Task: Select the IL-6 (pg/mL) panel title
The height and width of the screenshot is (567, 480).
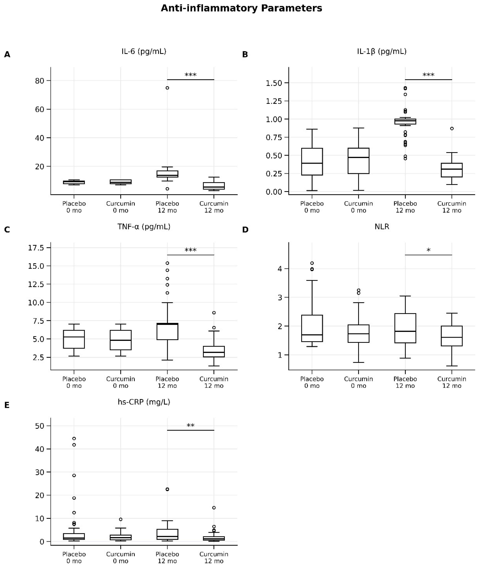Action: (144, 51)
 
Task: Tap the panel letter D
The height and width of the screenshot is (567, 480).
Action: (245, 230)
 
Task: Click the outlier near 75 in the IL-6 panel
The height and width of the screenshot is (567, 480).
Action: (167, 88)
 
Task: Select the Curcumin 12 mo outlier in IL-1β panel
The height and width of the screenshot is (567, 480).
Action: (452, 129)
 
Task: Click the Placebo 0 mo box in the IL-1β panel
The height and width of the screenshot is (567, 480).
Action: (312, 162)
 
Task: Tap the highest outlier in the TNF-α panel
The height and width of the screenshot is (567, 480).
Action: (167, 263)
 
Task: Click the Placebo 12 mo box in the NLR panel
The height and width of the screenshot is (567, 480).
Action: (405, 328)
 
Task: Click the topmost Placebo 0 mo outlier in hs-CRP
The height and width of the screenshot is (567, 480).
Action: (74, 438)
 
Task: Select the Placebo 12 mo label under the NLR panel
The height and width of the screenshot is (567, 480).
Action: (405, 382)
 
